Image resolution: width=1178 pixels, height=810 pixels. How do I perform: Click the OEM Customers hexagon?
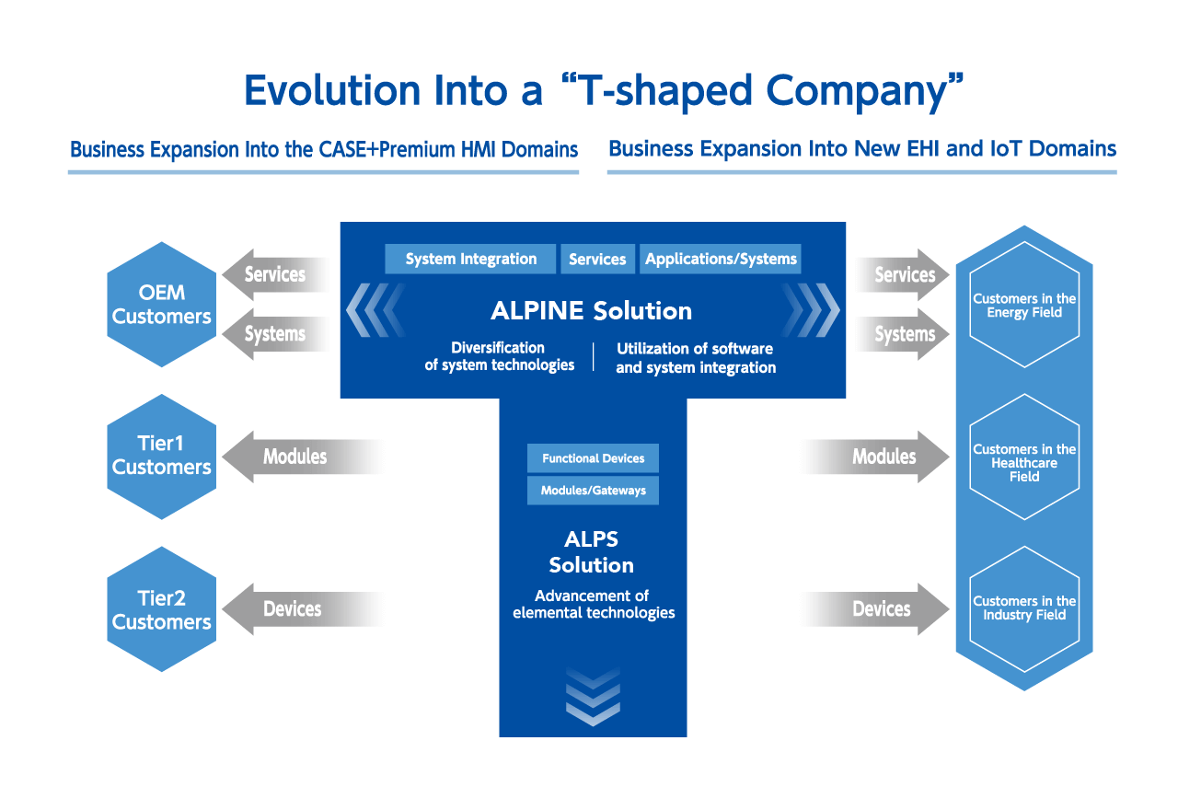(161, 305)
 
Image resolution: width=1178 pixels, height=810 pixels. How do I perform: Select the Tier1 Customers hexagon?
(161, 457)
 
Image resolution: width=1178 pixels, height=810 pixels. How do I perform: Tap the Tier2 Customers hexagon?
(161, 609)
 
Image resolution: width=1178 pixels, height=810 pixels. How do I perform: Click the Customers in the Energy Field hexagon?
(1024, 305)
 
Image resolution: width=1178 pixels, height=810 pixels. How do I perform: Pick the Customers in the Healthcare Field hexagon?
(1024, 457)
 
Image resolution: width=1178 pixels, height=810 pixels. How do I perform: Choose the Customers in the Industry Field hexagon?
(1024, 609)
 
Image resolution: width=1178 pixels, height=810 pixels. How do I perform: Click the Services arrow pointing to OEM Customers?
(276, 274)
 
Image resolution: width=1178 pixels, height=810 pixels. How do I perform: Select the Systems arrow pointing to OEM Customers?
(276, 334)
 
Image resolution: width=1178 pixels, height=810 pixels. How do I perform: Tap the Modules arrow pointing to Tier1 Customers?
(304, 457)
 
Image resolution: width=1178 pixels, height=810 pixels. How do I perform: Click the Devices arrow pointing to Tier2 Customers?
(304, 609)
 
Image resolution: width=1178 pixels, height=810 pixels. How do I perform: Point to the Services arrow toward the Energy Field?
(901, 274)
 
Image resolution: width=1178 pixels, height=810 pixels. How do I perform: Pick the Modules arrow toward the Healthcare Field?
(874, 457)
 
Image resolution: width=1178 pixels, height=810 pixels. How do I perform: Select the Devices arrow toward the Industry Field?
(874, 609)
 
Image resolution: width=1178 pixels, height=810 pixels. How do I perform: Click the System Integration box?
(470, 259)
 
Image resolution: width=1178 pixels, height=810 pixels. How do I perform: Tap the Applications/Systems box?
(721, 259)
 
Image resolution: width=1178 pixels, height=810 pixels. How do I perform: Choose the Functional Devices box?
(594, 458)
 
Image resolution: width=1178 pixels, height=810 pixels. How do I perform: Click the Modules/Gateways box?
(594, 491)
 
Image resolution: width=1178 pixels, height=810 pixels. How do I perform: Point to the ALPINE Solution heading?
(592, 311)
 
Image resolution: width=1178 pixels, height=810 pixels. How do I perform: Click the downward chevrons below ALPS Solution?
(594, 697)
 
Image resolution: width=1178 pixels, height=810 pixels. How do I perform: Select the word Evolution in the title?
(332, 90)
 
